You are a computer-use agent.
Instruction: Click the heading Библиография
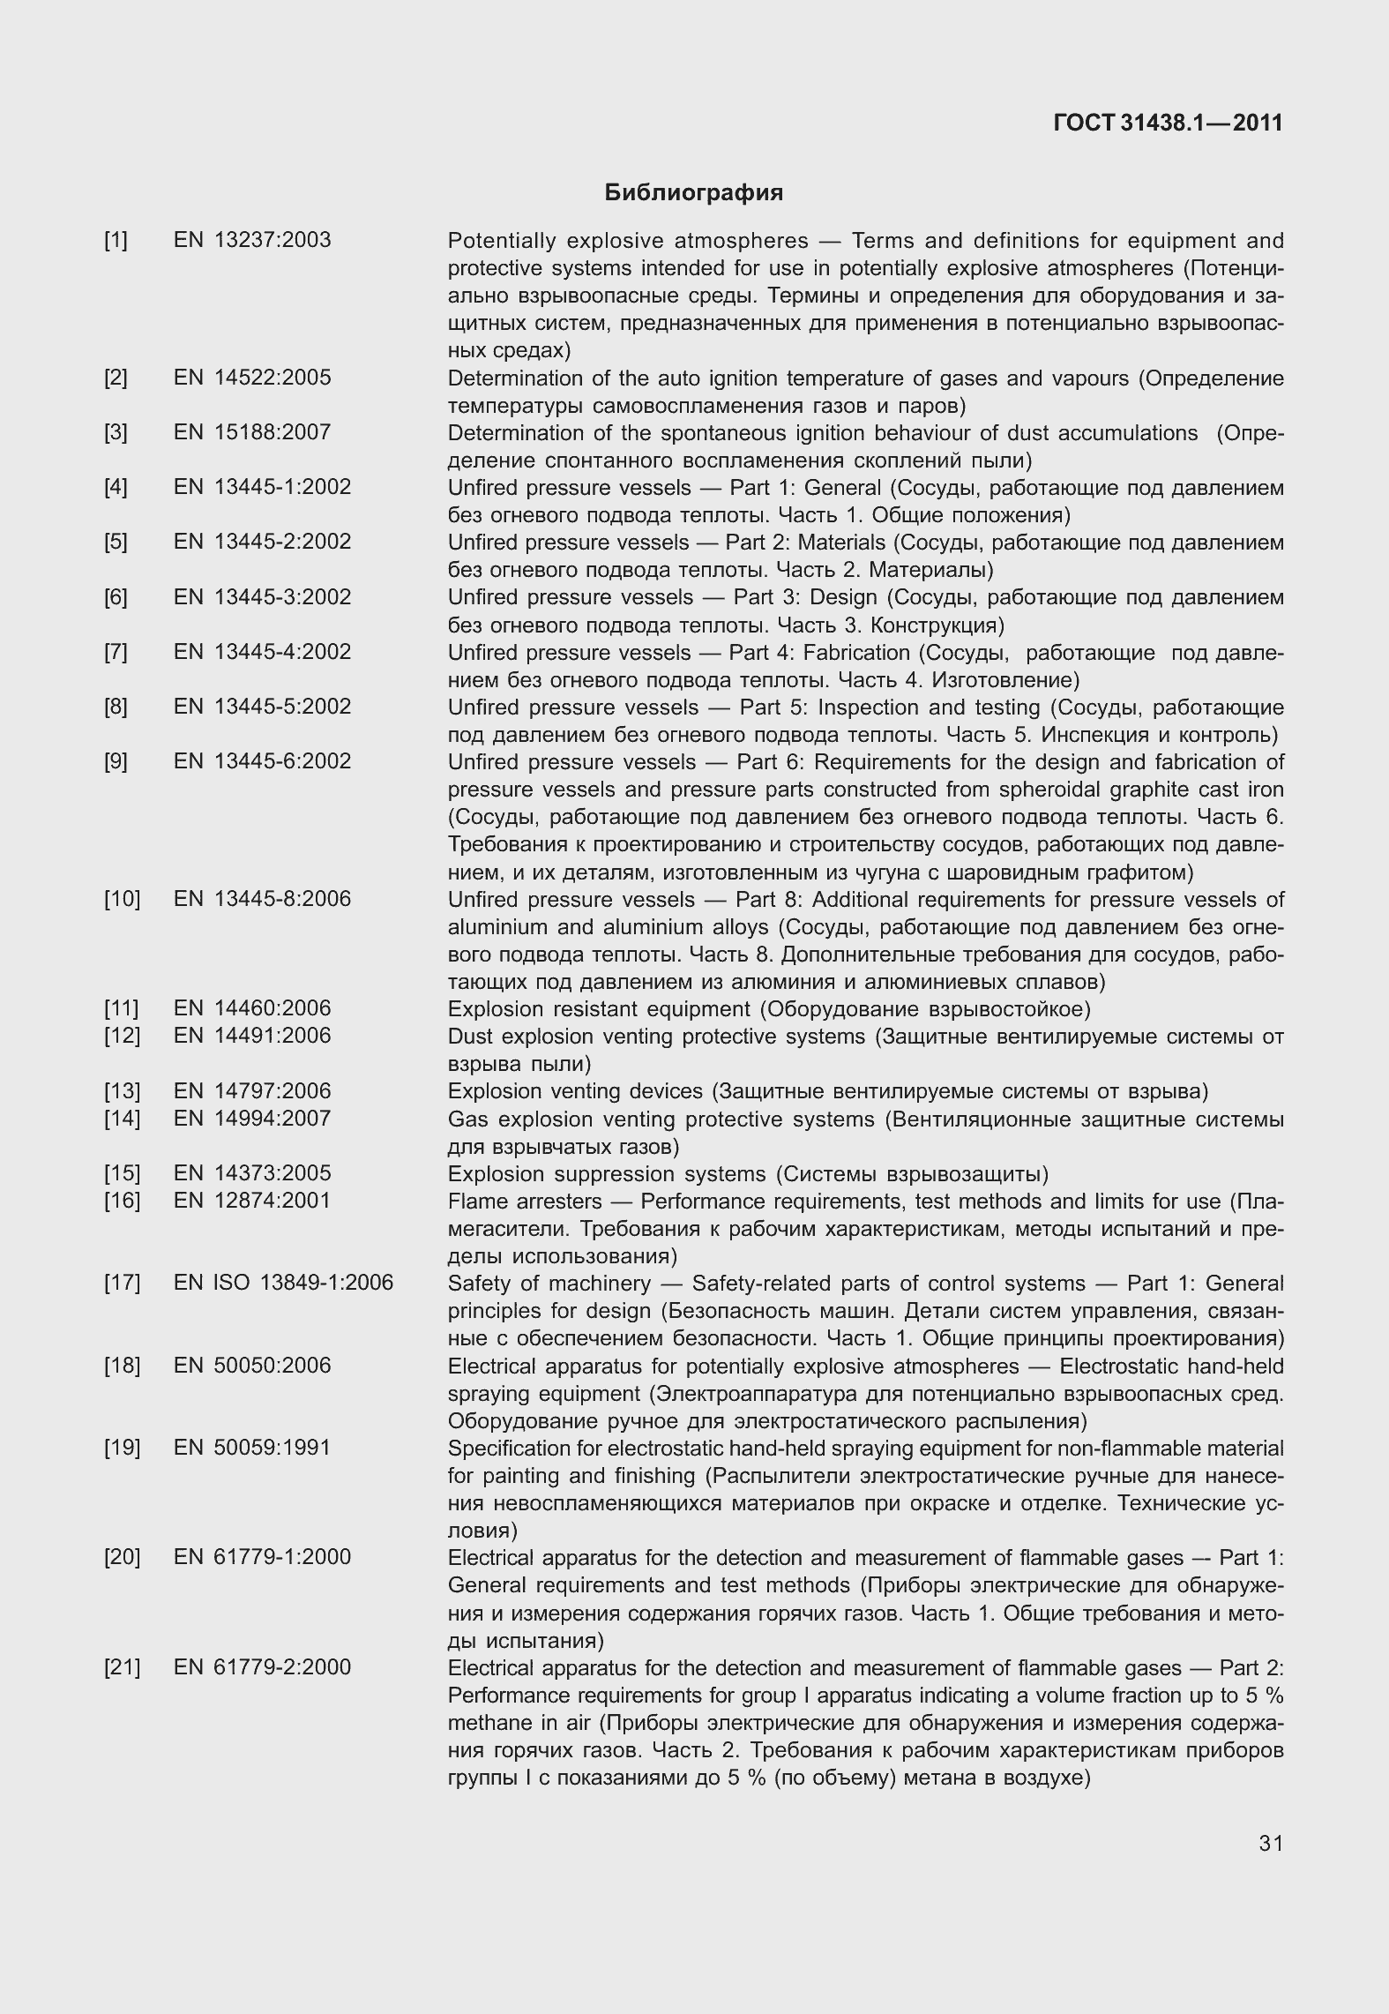pyautogui.click(x=693, y=192)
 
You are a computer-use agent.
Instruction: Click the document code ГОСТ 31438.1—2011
pyautogui.click(x=1168, y=123)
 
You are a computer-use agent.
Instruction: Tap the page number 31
pyautogui.click(x=1271, y=1843)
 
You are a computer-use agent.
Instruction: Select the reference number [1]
pyautogui.click(x=116, y=240)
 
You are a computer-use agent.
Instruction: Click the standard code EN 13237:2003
pyautogui.click(x=252, y=240)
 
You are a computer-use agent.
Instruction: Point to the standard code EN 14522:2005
pyautogui.click(x=252, y=378)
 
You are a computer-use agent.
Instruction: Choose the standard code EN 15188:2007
pyautogui.click(x=252, y=432)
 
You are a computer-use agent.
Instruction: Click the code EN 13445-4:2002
pyautogui.click(x=262, y=652)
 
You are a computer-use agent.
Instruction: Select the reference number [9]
pyautogui.click(x=116, y=761)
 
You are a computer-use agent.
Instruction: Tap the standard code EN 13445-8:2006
pyautogui.click(x=262, y=899)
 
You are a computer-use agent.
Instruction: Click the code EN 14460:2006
pyautogui.click(x=252, y=1008)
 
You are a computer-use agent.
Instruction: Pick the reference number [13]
pyautogui.click(x=122, y=1091)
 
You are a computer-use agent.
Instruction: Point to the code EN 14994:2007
pyautogui.click(x=252, y=1119)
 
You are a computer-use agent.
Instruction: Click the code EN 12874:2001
pyautogui.click(x=252, y=1201)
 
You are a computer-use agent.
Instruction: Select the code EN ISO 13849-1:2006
pyautogui.click(x=283, y=1283)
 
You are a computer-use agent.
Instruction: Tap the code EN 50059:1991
pyautogui.click(x=252, y=1448)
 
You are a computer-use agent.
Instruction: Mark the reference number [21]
pyautogui.click(x=122, y=1667)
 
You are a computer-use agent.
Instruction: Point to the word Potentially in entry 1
pyautogui.click(x=502, y=241)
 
